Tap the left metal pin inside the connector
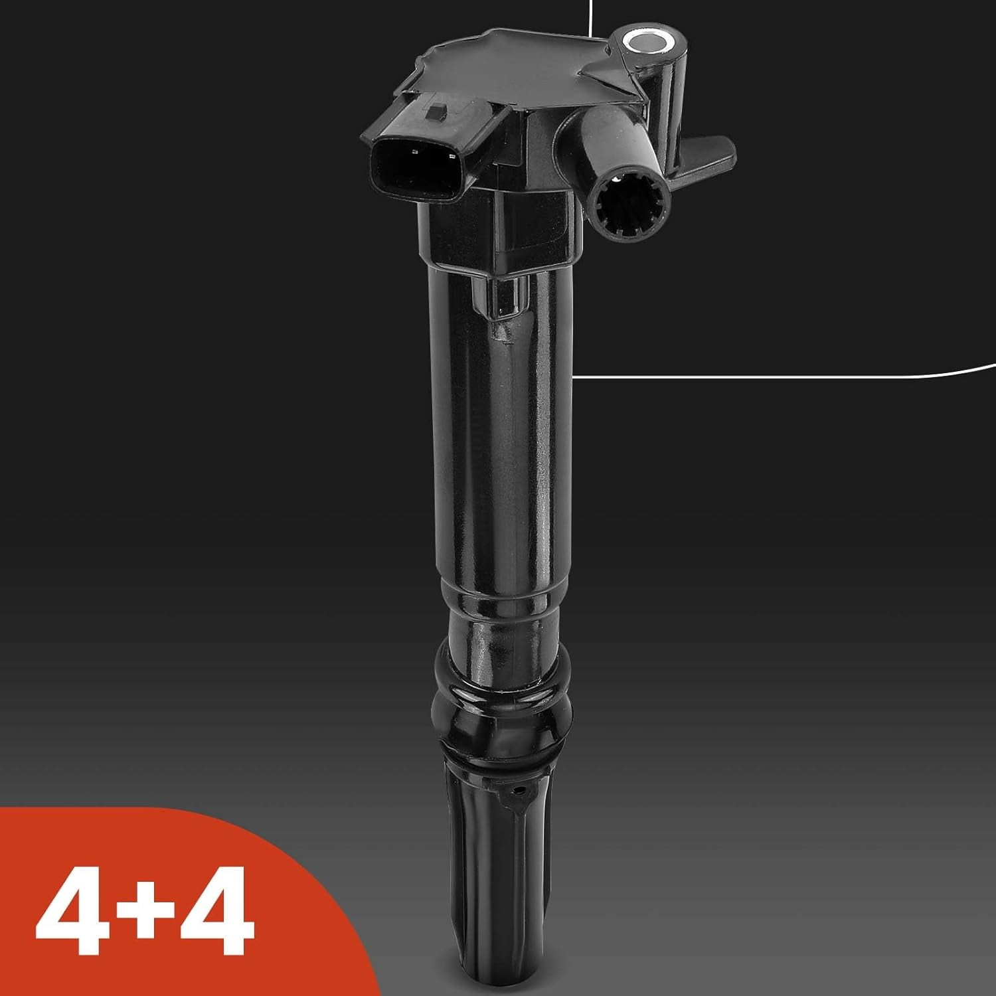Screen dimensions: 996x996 click(x=413, y=152)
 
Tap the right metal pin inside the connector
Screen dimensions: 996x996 click(x=452, y=157)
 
